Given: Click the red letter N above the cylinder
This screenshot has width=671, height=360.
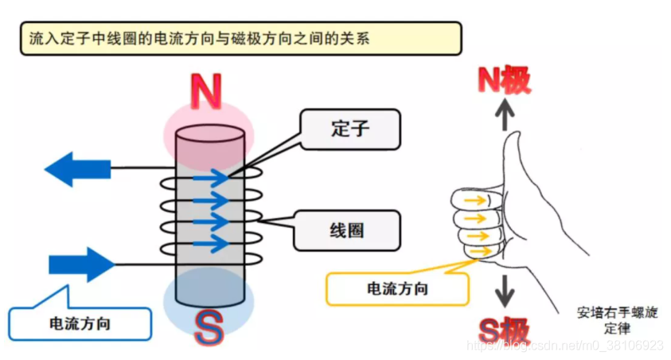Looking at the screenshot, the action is coord(206,91).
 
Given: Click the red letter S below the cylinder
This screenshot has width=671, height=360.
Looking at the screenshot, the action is coord(209,328).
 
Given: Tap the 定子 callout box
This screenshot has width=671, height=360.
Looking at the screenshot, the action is coord(350,129).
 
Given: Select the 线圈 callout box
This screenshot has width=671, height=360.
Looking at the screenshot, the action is coord(347,230).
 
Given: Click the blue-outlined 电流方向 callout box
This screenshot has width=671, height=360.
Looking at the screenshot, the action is coord(80,323).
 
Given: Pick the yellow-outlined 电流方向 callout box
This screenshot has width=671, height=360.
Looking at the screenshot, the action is coord(397,289).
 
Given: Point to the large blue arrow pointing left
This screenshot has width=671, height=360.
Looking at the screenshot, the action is coord(77,169).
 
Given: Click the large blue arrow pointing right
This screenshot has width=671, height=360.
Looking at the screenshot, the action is coord(82,264).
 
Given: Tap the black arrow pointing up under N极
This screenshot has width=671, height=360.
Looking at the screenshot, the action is coord(505,115).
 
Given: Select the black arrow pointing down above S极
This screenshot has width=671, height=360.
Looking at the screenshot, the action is coord(505,291).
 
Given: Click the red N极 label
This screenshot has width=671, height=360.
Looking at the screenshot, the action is coord(504,80).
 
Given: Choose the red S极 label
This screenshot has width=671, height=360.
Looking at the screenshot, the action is coord(504,331).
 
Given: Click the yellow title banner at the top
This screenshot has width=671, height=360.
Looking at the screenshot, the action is coord(241,38).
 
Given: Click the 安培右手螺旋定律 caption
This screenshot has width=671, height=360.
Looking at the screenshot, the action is coord(617,320).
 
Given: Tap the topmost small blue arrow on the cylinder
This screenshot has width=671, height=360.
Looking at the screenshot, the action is coord(211,178).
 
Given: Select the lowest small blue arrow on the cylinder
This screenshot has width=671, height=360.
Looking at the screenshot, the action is coord(211,244).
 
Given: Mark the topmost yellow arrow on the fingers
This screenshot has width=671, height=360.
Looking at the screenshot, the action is coord(475,200).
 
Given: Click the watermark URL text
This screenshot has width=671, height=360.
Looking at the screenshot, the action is coord(565,345).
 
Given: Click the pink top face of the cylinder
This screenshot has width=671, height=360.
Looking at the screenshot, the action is coord(209,133).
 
